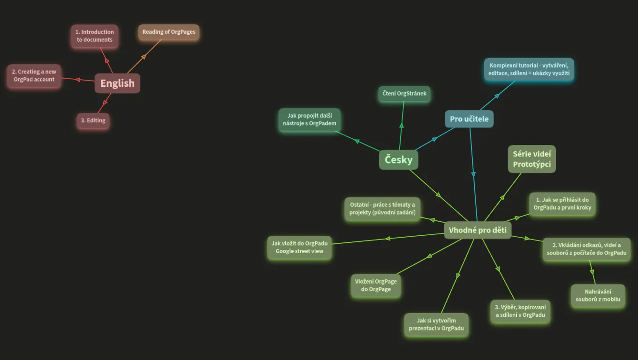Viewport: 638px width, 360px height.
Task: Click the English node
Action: (117, 83)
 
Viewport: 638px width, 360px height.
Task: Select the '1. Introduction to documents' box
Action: (95, 36)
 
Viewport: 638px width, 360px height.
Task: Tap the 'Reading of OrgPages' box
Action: (168, 32)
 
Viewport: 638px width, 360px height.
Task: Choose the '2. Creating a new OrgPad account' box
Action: (34, 75)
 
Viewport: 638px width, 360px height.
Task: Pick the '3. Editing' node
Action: (93, 120)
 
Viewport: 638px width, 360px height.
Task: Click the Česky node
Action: (398, 160)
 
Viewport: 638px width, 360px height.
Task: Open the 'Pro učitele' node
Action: (469, 119)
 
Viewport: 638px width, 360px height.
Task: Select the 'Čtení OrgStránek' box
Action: (404, 94)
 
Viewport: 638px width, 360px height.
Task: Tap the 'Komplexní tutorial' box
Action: (529, 69)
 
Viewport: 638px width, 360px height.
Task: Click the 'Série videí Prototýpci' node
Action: (532, 159)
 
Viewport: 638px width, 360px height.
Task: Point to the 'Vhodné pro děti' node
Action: (478, 230)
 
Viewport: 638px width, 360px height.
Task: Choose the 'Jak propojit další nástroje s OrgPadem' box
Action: (309, 120)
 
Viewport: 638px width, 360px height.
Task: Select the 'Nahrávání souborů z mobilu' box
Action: (598, 295)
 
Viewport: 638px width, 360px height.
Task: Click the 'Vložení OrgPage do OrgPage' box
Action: (376, 285)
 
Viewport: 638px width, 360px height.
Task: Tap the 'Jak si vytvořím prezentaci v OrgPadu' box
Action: (436, 324)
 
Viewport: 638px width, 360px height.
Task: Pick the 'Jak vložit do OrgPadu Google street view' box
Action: (299, 247)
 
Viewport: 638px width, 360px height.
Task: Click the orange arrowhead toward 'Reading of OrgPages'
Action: (144, 57)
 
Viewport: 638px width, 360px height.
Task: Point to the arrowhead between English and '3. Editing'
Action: (105, 102)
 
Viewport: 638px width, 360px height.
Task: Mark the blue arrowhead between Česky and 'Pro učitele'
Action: (434, 139)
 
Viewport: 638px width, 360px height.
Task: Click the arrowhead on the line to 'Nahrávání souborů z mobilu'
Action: (592, 272)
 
